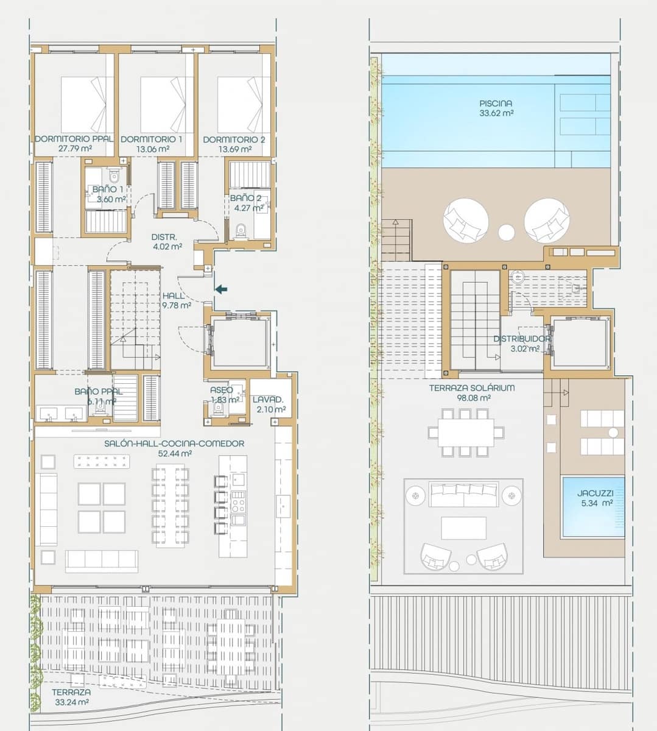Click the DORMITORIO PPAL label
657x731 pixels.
(x=74, y=139)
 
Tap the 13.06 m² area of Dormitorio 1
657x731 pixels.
(x=152, y=149)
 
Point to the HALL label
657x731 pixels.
(x=174, y=296)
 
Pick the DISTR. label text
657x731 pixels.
(x=164, y=237)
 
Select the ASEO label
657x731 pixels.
(x=222, y=390)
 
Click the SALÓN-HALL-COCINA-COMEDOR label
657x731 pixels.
(x=175, y=443)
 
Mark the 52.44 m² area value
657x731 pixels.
(x=175, y=454)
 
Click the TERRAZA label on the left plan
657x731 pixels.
(x=71, y=693)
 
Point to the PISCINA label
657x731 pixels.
(x=496, y=104)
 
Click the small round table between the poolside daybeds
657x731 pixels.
(x=507, y=232)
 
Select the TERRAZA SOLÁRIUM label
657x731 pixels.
(x=472, y=387)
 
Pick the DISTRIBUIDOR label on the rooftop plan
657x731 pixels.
(x=522, y=339)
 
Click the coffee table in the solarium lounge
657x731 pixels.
(x=463, y=528)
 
